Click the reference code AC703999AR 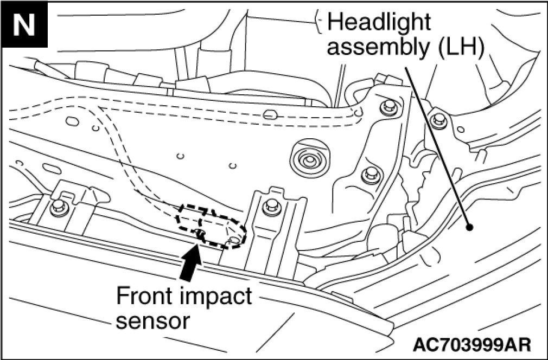click(x=471, y=344)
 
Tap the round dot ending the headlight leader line click(x=470, y=228)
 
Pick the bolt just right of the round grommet click(x=369, y=174)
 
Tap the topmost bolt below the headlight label click(x=386, y=106)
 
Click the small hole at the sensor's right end click(x=234, y=239)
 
